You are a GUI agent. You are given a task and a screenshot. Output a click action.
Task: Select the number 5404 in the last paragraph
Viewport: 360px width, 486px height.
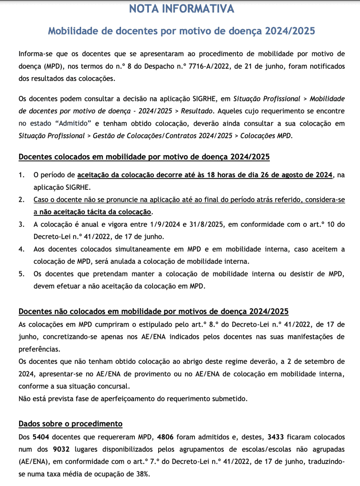[x=41, y=437]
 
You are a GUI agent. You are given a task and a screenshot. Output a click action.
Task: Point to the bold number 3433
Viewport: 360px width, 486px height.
[x=276, y=437]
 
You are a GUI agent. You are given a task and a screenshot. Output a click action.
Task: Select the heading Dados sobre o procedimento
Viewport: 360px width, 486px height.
[x=70, y=424]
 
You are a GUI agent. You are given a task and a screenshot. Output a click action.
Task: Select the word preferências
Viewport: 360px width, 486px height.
[x=39, y=348]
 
